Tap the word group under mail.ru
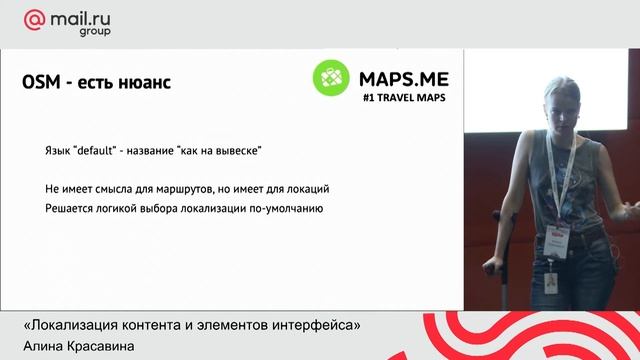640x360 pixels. pyautogui.click(x=94, y=31)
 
